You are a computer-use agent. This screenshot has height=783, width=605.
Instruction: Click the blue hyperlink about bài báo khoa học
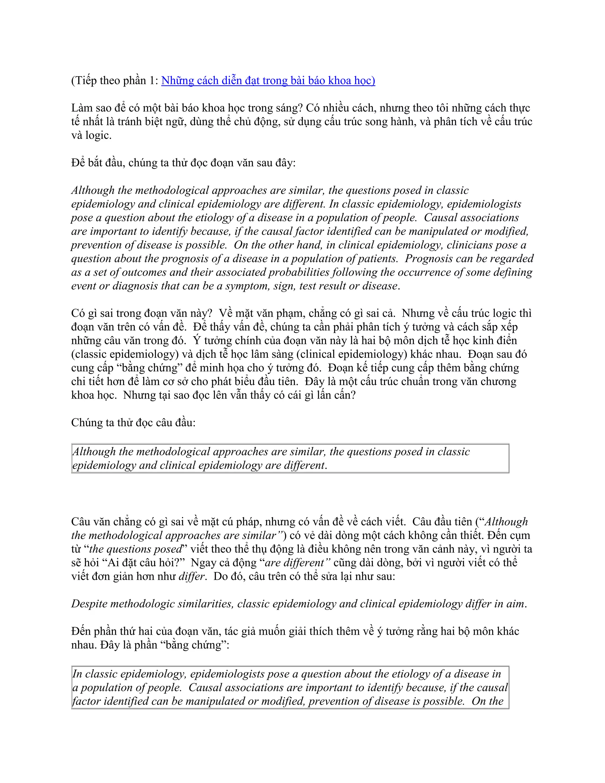(268, 80)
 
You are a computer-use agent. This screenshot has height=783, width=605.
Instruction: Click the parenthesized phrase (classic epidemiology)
(125, 355)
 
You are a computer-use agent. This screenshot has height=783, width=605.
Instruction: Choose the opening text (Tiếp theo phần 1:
(115, 81)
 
